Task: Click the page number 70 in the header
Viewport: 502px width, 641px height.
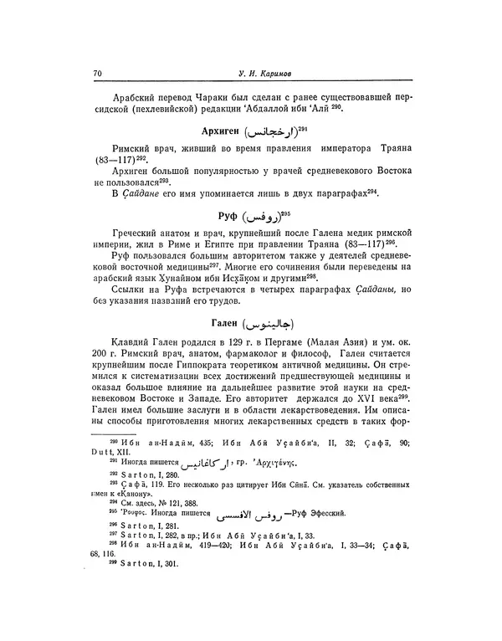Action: [97, 74]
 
